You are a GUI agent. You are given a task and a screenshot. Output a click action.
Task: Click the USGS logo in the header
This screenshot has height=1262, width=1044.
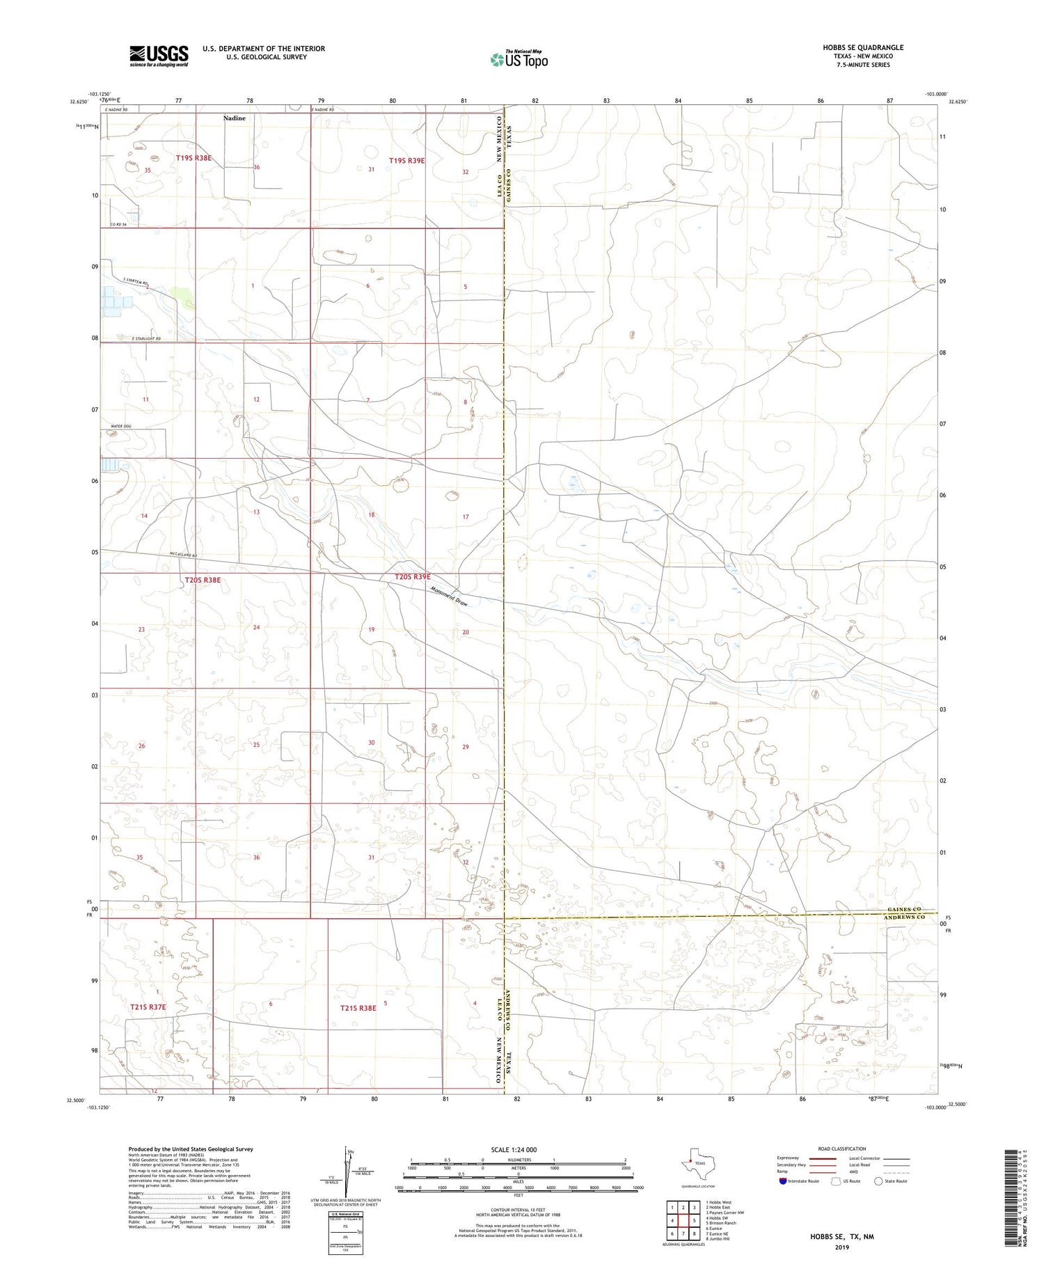[159, 56]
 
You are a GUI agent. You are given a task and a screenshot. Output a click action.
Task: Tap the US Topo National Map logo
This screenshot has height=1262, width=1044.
[519, 59]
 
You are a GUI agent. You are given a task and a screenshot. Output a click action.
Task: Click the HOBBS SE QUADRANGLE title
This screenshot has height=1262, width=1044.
[863, 47]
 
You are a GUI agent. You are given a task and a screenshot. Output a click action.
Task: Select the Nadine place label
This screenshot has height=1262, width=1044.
[235, 118]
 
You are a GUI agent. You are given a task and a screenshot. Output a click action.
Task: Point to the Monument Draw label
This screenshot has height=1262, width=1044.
[449, 597]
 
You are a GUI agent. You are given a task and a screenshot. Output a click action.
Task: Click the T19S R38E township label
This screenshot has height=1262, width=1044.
[193, 158]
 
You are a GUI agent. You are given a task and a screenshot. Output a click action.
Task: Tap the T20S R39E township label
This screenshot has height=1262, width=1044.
[413, 577]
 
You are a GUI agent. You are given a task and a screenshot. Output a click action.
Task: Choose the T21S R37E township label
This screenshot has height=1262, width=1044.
[148, 1007]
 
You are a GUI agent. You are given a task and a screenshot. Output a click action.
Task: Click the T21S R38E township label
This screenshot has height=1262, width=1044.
[358, 1007]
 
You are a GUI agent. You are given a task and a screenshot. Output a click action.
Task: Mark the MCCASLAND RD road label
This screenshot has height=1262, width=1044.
[184, 555]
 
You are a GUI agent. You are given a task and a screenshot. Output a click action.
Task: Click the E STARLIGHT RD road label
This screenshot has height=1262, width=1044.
[146, 339]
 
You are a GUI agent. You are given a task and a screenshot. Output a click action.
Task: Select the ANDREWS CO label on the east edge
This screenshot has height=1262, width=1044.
[905, 917]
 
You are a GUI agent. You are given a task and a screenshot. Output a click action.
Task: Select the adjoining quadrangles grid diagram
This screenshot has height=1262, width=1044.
[683, 1220]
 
